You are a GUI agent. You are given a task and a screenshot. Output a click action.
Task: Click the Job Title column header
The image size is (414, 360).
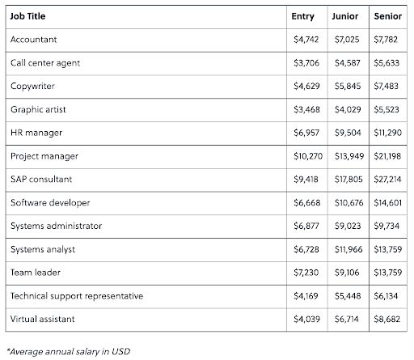[27, 16]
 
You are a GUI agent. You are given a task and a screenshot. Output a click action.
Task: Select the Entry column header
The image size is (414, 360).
[302, 16]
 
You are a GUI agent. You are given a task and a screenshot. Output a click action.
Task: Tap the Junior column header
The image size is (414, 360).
[345, 16]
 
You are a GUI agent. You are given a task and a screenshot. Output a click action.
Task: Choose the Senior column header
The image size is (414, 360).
[388, 16]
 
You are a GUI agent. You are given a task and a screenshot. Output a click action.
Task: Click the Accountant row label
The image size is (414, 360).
[34, 40]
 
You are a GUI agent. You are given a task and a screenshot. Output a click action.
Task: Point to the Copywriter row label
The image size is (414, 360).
[32, 87]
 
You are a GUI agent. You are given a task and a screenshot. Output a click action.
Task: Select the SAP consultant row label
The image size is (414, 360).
[41, 180]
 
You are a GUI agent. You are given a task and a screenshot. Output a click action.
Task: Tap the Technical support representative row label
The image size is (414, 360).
[77, 296]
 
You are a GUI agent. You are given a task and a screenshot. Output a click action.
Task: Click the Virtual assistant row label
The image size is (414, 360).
[42, 320]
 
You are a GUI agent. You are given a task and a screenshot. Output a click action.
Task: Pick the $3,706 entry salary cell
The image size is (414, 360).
[306, 63]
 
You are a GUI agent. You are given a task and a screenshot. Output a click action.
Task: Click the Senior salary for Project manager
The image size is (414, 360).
[387, 156]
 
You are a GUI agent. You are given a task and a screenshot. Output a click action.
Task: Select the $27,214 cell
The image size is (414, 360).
[387, 180]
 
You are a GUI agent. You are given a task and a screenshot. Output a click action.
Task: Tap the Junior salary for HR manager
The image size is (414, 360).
[348, 133]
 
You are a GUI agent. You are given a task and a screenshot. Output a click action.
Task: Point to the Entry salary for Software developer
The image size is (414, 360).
[307, 203]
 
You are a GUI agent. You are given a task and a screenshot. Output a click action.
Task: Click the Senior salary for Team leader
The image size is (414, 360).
[387, 273]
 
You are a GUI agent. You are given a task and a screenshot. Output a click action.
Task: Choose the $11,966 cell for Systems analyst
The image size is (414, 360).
[349, 249]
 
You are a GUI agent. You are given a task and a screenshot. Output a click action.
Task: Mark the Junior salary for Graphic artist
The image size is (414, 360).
[348, 109]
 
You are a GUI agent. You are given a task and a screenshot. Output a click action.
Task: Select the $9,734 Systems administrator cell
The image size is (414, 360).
[387, 226]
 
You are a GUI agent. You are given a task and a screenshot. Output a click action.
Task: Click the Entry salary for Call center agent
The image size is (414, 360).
[306, 63]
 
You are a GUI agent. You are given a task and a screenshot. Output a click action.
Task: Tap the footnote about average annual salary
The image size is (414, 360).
[69, 352]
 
